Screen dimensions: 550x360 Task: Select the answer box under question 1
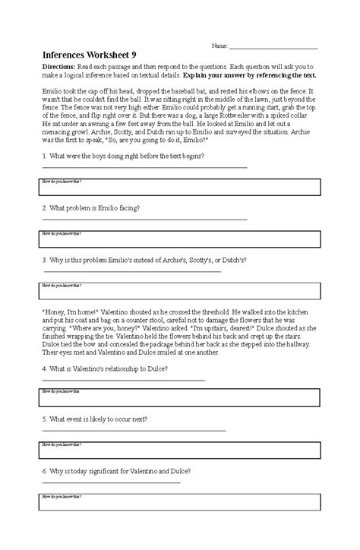click(179, 185)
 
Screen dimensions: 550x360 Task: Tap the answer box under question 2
click(179, 238)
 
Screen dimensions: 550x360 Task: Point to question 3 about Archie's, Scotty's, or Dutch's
click(144, 259)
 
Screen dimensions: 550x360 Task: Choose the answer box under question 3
click(179, 290)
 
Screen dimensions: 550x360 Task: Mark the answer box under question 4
click(179, 397)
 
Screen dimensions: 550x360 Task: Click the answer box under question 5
click(179, 448)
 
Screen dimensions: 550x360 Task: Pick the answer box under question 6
click(179, 501)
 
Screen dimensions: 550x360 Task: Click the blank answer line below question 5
click(133, 430)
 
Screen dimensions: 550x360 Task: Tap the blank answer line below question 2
click(144, 219)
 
